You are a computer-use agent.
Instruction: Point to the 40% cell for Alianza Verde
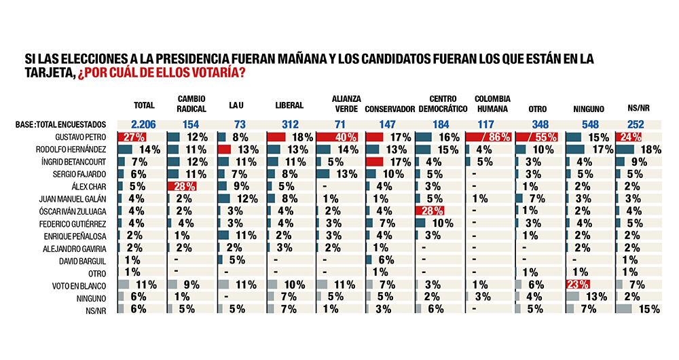[x=339, y=137]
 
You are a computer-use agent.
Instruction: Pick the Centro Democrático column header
[x=443, y=103]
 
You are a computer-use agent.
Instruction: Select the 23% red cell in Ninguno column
[x=578, y=284]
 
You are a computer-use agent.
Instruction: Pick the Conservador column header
[x=390, y=107]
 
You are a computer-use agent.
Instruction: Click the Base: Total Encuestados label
[x=62, y=125]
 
